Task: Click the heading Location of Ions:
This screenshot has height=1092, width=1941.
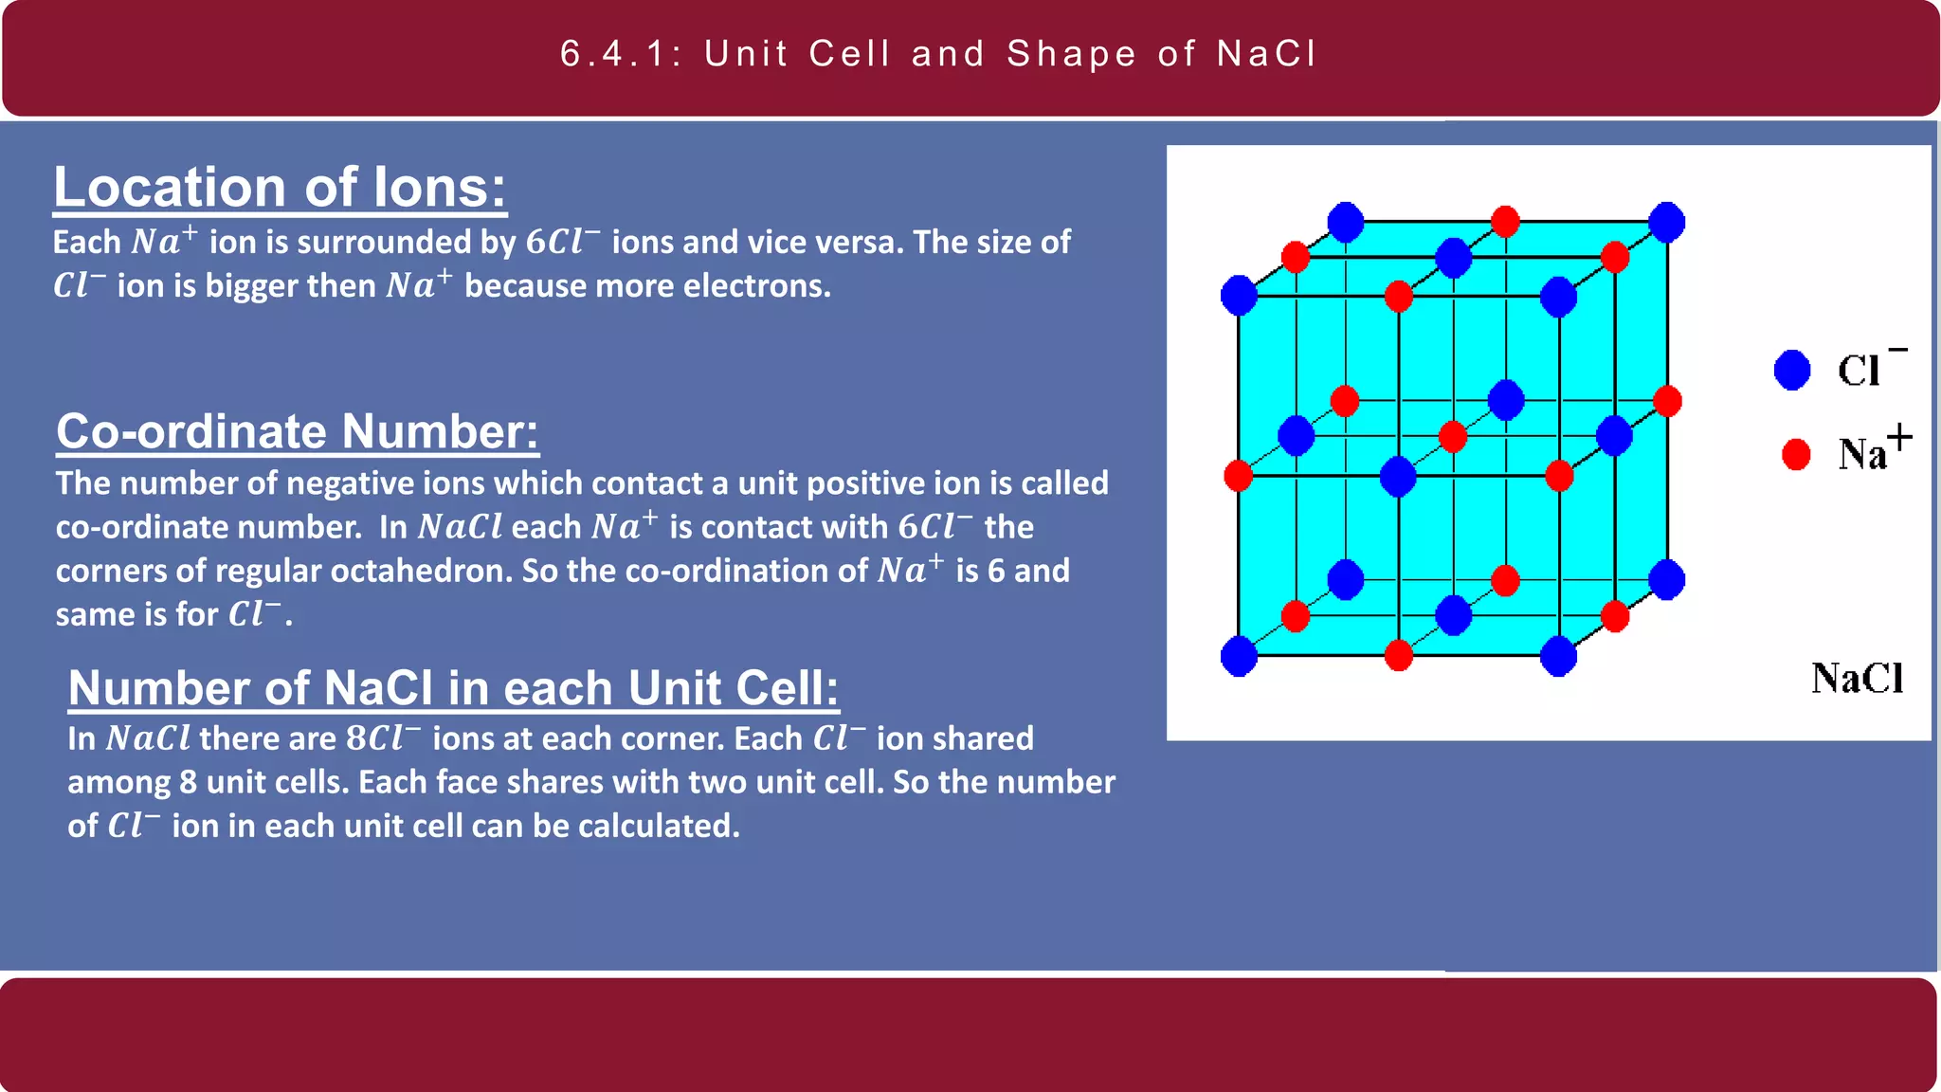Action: pos(280,187)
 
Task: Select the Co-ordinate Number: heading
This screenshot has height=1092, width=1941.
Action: pos(297,431)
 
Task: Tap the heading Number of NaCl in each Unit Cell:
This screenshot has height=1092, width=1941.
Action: pos(453,687)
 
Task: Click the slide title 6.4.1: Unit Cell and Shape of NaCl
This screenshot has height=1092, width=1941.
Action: pos(938,54)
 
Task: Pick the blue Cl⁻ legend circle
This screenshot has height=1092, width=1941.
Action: pos(1791,370)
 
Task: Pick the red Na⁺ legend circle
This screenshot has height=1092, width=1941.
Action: pos(1795,454)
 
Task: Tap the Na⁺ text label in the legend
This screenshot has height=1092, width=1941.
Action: pos(1872,451)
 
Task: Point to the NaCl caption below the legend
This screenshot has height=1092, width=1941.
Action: pos(1857,679)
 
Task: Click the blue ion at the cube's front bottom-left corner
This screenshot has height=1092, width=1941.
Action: pos(1239,656)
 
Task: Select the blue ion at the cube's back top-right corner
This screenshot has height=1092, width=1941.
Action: pos(1666,222)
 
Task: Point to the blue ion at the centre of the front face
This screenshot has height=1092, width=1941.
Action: pos(1398,476)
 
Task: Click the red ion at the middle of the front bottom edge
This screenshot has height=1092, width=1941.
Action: pos(1398,655)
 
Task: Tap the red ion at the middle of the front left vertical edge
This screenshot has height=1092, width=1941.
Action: pos(1238,475)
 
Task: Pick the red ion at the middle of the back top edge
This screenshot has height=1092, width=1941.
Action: pos(1505,222)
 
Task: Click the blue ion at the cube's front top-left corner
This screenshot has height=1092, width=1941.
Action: pos(1239,296)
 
